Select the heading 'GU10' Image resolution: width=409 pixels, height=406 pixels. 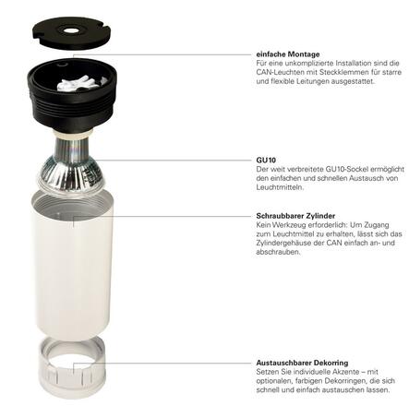[265, 159]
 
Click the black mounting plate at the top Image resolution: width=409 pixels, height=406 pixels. [70, 26]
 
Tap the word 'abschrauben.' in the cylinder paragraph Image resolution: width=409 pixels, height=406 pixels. [278, 252]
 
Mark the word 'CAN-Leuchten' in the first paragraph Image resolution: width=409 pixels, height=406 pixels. [281, 71]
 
